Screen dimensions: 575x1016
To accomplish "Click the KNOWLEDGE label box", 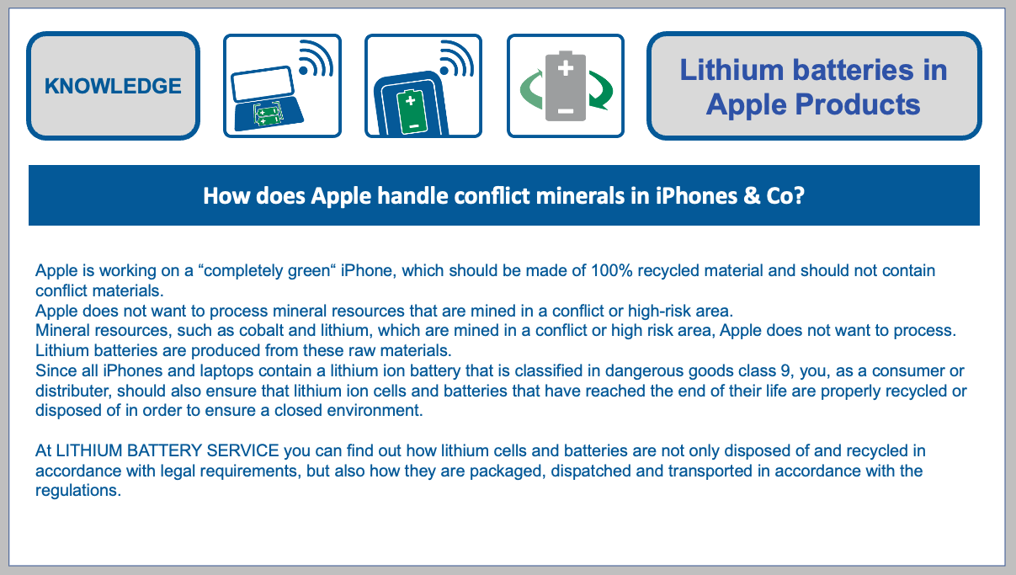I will coord(113,86).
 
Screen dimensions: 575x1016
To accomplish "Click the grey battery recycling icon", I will coord(565,85).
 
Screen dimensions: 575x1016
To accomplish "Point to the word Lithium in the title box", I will coord(732,70).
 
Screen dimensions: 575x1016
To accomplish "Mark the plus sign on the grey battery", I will coord(566,67).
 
